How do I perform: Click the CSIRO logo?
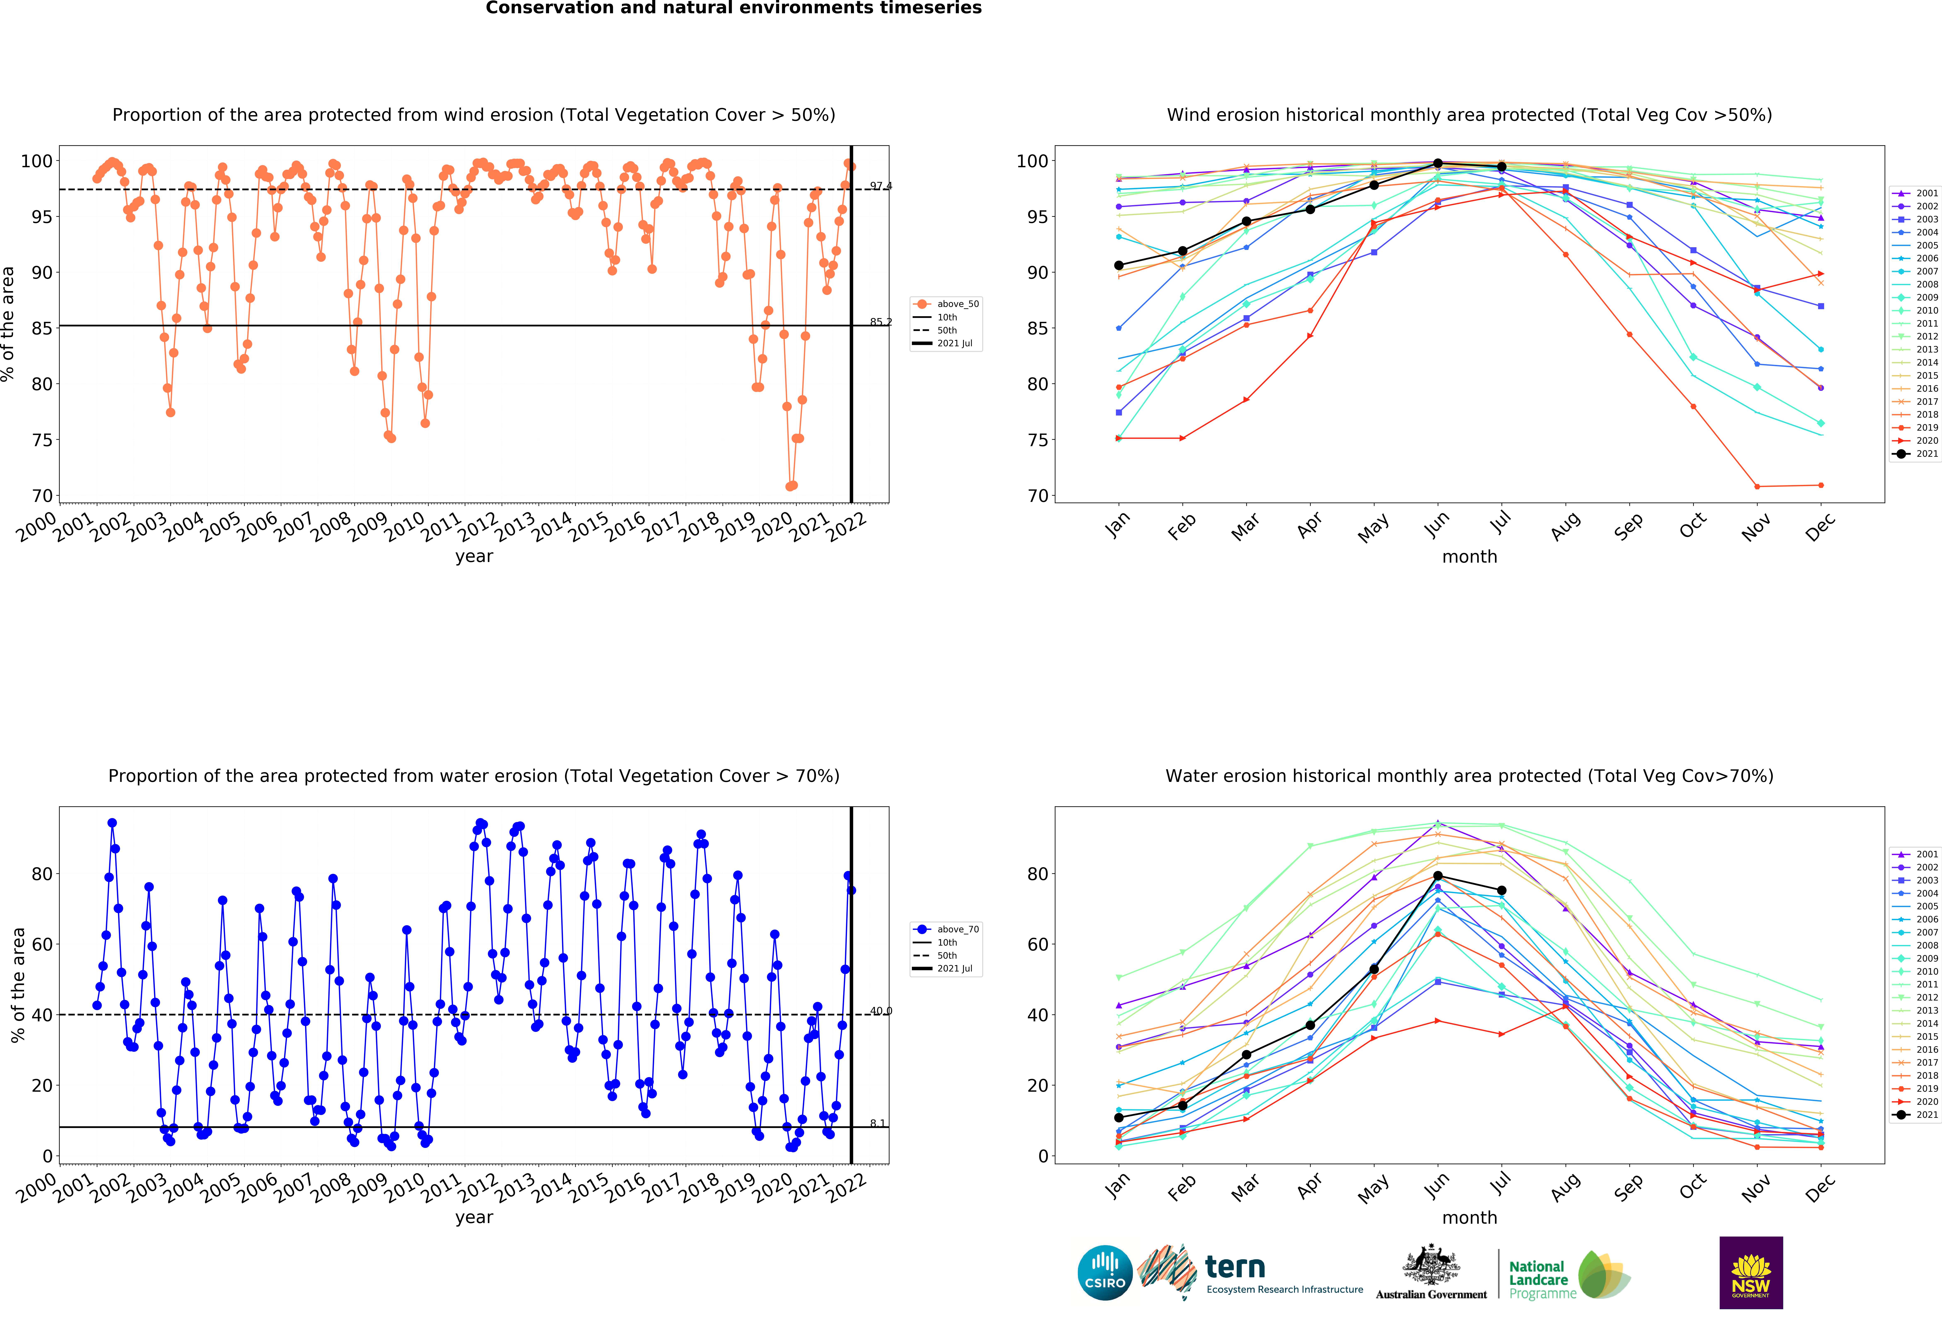[1105, 1273]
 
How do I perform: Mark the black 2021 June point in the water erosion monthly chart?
[1437, 876]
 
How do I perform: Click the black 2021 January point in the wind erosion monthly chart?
[1119, 266]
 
